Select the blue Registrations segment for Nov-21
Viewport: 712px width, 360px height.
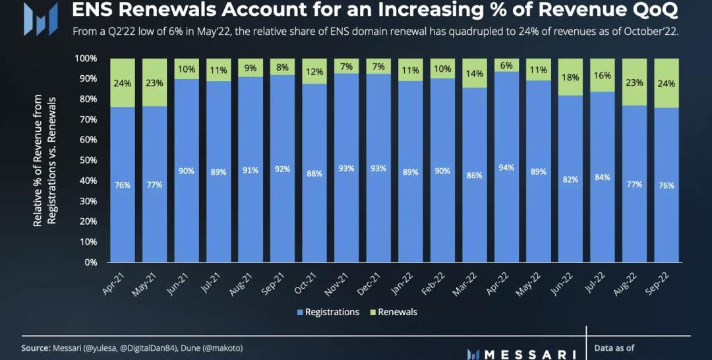point(347,198)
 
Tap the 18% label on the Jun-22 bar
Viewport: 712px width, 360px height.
point(571,77)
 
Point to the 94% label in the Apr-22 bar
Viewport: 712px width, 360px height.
point(506,168)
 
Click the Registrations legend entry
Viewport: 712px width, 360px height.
point(328,312)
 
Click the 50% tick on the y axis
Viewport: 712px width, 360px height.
point(88,160)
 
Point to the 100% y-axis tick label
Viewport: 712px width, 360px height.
point(86,58)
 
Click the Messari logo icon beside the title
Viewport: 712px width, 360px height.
point(36,19)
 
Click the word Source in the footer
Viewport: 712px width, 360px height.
point(36,347)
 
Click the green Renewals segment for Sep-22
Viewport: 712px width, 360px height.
point(667,83)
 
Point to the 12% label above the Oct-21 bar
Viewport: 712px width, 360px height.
point(315,71)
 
